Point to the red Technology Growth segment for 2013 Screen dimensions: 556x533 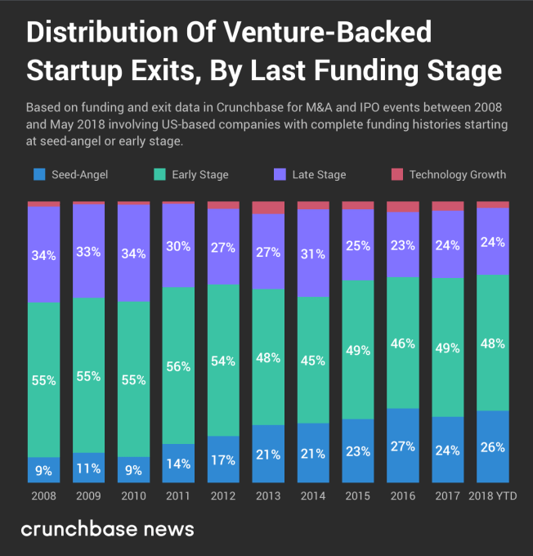click(x=268, y=208)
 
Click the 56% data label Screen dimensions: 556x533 click(x=178, y=367)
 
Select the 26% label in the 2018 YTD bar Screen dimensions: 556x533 click(x=492, y=447)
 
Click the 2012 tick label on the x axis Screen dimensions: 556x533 click(x=223, y=495)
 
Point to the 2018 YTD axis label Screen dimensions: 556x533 click(x=492, y=495)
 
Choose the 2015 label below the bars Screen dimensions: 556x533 click(x=358, y=495)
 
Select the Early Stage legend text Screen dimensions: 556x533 click(x=200, y=174)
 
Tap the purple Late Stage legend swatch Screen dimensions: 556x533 click(x=280, y=174)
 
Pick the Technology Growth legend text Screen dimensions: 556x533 click(x=458, y=174)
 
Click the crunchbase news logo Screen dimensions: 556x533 click(x=107, y=529)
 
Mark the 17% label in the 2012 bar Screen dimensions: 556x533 click(x=223, y=459)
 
